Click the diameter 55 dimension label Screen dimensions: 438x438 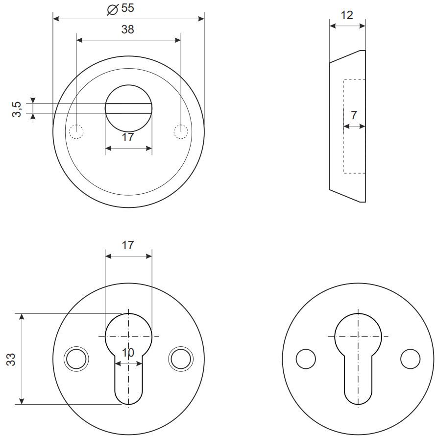(121, 8)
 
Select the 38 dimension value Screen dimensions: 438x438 (128, 29)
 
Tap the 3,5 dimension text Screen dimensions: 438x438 (16, 109)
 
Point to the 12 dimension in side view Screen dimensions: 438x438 (347, 15)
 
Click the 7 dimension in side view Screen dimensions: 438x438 (354, 115)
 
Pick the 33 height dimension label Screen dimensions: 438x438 (11, 360)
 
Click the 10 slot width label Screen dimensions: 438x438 (128, 353)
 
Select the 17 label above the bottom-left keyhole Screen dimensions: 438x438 (128, 245)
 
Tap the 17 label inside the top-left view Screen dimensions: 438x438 (128, 137)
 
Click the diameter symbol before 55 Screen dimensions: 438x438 (113, 9)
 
